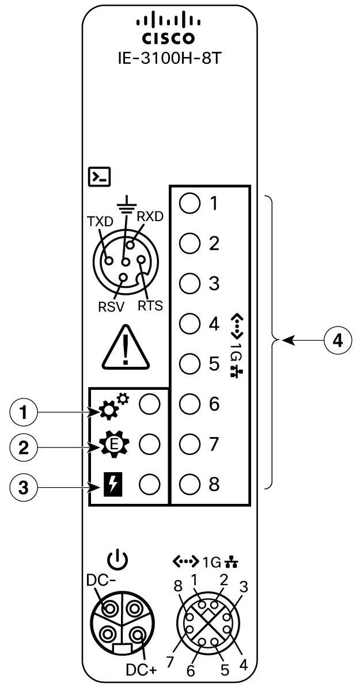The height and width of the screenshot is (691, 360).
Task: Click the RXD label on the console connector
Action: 151,216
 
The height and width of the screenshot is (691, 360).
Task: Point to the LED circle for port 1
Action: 188,203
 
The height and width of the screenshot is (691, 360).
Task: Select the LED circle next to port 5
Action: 188,364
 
